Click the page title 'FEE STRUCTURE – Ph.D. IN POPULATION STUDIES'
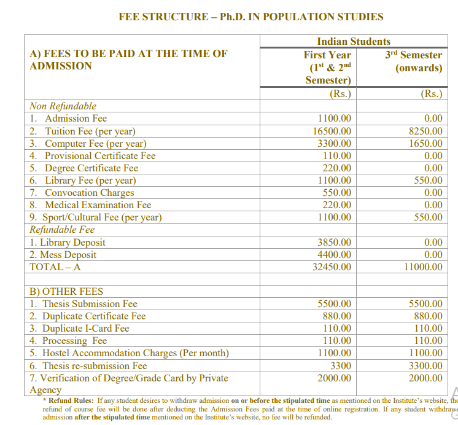(x=250, y=17)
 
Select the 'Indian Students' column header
(x=353, y=41)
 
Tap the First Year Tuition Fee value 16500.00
(x=332, y=131)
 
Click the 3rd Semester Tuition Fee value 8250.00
(x=425, y=131)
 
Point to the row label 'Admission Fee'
(x=76, y=119)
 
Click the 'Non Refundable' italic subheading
(x=63, y=106)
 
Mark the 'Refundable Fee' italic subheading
(x=62, y=230)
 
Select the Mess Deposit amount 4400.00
(x=334, y=254)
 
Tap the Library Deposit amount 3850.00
(x=334, y=242)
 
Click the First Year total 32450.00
(x=332, y=267)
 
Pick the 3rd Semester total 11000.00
(x=422, y=267)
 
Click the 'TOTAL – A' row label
(x=55, y=267)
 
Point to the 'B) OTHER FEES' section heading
(x=66, y=291)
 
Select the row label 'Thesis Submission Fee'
(x=91, y=303)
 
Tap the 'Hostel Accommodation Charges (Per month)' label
(x=135, y=353)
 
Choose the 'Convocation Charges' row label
(x=90, y=192)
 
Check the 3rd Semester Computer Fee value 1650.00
(x=425, y=143)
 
